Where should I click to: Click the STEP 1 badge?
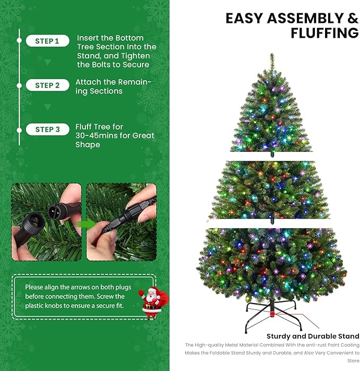coord(47,41)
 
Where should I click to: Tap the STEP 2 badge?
coord(47,85)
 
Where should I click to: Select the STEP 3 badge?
coord(47,130)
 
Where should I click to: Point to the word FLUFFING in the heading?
coord(324,33)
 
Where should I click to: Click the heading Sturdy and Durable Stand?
coord(313,336)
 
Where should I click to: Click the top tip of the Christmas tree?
coord(272,55)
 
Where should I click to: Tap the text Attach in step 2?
coord(88,82)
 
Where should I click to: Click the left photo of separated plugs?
coord(47,222)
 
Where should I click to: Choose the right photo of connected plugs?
coord(121,222)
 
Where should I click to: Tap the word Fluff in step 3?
coord(85,127)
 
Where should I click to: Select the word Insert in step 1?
coord(89,38)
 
